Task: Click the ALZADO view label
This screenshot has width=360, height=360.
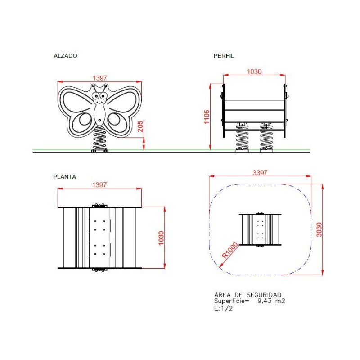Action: tap(65, 56)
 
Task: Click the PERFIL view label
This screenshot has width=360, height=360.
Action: tap(224, 56)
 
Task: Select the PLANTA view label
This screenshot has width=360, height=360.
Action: tap(65, 177)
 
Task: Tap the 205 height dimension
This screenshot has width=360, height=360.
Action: tap(140, 126)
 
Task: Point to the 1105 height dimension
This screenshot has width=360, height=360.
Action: tap(207, 117)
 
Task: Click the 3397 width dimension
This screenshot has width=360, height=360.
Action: tap(260, 172)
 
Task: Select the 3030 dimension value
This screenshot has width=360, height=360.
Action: tap(319, 229)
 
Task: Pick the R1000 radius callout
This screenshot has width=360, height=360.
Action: tap(230, 250)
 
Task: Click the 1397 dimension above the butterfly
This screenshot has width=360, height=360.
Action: tap(100, 78)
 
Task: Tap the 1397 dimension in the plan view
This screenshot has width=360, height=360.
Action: tap(99, 185)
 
